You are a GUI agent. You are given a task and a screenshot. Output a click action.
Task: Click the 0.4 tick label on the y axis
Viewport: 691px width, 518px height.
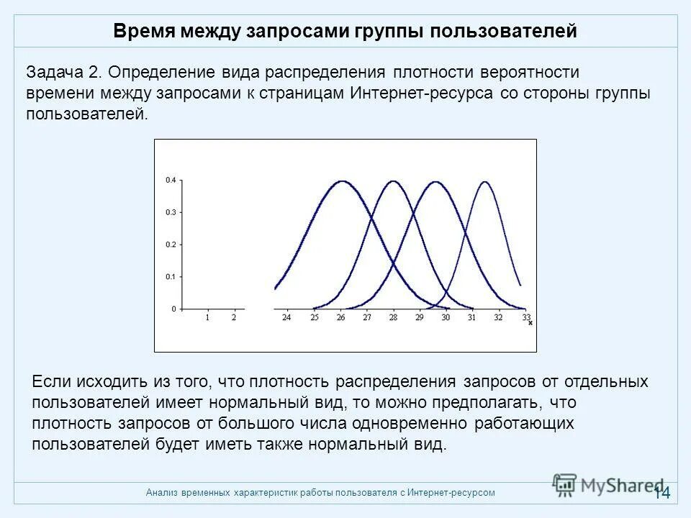(170, 180)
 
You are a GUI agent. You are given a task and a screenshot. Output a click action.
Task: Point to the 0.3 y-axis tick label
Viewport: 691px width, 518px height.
(170, 212)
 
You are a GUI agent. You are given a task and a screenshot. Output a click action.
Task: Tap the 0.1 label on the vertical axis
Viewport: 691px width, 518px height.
(170, 276)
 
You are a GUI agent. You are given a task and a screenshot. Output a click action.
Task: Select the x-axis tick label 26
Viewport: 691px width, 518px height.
(340, 317)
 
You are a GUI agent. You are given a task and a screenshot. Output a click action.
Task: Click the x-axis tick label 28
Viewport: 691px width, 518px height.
(393, 317)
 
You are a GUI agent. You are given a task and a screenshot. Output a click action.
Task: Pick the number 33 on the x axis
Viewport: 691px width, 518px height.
(526, 317)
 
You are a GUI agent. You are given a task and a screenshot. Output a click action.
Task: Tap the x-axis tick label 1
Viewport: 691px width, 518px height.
(207, 317)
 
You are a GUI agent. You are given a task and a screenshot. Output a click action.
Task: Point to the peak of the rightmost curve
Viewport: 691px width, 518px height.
(484, 181)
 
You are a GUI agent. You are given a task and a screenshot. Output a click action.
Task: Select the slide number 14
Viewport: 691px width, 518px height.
(662, 493)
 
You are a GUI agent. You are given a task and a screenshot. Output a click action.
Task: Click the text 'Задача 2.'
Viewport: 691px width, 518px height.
(64, 73)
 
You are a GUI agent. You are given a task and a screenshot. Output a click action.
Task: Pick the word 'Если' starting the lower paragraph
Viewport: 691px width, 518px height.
(50, 381)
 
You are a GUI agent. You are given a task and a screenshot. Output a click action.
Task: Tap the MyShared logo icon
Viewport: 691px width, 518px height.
(565, 485)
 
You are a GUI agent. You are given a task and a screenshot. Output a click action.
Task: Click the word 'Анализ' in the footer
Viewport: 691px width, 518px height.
(162, 493)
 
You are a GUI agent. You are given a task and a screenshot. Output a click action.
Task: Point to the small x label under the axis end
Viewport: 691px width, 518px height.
(530, 323)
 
